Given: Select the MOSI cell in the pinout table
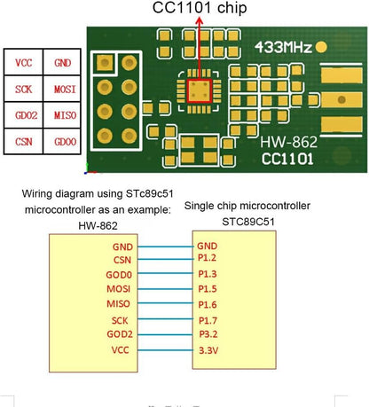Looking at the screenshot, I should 63,90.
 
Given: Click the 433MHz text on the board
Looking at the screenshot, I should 283,46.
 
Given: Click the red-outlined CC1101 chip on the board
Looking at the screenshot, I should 198,89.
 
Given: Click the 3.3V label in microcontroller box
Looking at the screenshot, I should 208,350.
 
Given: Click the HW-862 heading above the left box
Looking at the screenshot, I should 98,225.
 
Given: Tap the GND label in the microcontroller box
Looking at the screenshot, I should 207,245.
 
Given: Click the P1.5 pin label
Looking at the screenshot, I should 207,288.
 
